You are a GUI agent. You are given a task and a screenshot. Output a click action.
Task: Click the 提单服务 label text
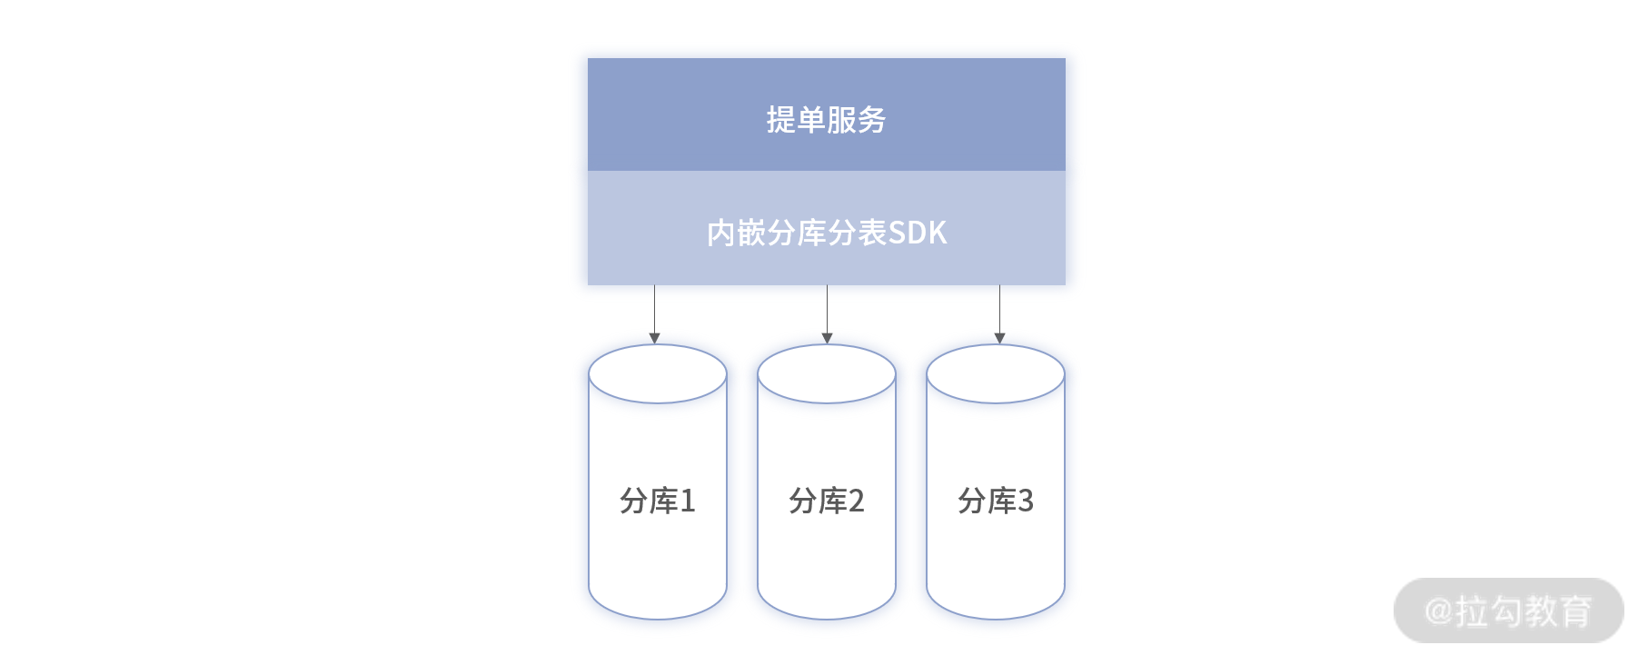pos(826,120)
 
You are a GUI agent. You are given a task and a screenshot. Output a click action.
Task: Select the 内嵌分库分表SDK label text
pos(826,233)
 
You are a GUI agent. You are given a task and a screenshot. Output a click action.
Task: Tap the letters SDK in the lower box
pos(917,233)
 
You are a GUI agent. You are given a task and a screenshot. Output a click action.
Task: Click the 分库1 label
pos(657,501)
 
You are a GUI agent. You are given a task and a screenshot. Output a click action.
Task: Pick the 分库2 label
pos(826,501)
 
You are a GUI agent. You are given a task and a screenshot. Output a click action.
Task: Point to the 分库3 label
pos(995,501)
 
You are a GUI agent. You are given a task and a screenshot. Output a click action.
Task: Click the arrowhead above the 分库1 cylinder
pos(654,338)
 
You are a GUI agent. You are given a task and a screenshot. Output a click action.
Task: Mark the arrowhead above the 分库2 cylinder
pos(827,338)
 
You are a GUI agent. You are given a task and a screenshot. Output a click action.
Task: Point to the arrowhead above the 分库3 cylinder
pos(999,338)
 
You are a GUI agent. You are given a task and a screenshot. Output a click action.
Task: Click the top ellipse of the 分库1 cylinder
pos(657,374)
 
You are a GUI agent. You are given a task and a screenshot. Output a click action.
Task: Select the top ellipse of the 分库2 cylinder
pos(826,374)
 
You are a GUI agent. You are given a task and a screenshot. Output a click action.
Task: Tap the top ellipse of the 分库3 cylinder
pos(995,374)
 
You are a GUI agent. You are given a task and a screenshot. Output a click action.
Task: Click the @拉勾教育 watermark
pos(1508,610)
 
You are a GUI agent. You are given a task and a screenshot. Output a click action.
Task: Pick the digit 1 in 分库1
pos(688,501)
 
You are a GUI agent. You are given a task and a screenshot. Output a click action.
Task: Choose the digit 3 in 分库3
pos(1026,501)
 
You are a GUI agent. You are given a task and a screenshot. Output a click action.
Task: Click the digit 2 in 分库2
pos(856,501)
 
